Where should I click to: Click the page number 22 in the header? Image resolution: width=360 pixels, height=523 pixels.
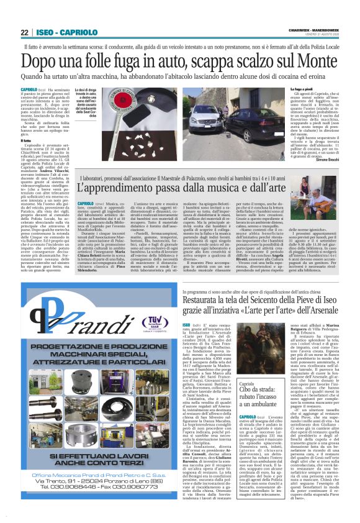click(x=25, y=32)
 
